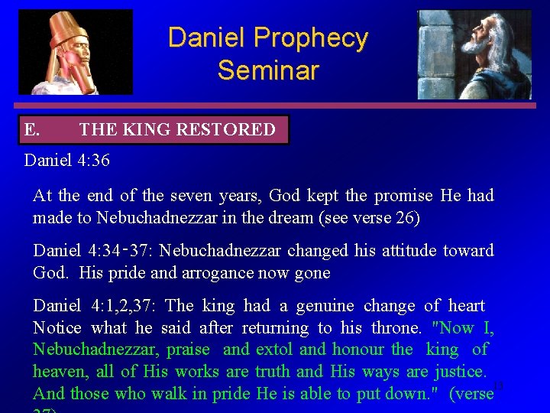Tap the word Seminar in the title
[267, 70]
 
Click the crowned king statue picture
[75, 52]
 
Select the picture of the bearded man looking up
[474, 54]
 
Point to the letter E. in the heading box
[32, 130]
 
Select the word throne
[396, 328]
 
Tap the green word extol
[274, 350]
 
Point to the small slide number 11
[499, 385]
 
